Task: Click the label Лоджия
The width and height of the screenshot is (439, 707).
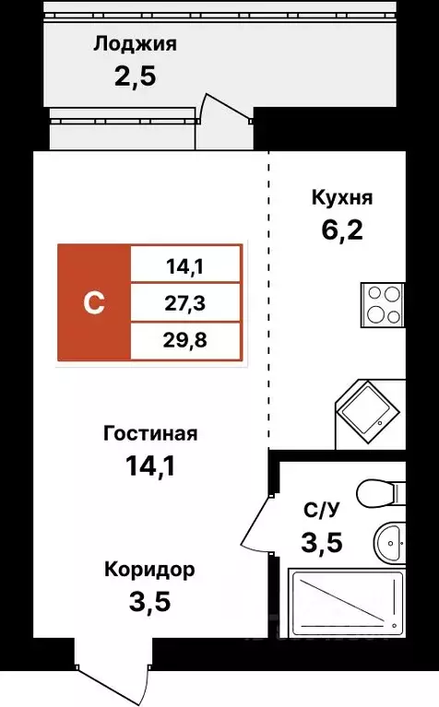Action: point(134,43)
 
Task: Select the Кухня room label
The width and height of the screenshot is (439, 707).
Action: point(341,197)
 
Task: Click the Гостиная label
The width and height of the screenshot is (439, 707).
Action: point(150,433)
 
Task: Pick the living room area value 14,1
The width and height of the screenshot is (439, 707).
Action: point(149,464)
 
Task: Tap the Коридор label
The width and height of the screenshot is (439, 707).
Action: point(149,570)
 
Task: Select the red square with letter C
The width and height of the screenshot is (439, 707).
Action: point(94,302)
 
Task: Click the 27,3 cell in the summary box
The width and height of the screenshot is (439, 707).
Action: point(185,302)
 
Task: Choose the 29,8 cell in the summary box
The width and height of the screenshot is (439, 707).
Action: point(185,337)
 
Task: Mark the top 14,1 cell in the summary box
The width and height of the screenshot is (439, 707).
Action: point(185,267)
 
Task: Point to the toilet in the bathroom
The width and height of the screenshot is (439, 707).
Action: point(382,494)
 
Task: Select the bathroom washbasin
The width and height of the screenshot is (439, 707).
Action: point(388,539)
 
